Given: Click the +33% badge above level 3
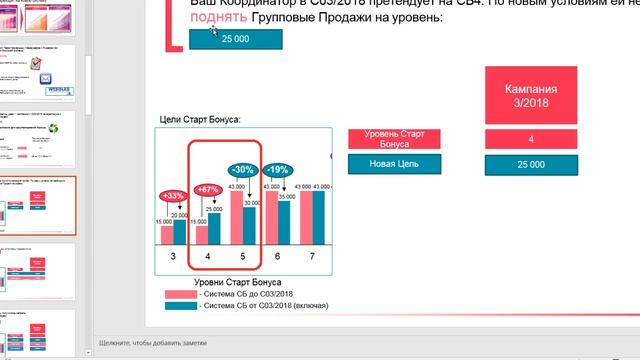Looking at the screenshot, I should (172, 195).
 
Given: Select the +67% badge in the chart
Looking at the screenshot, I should (208, 189).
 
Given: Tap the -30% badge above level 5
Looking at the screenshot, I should (242, 170).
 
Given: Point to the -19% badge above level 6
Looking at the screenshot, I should (278, 170).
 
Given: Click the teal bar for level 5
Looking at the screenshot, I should (250, 226).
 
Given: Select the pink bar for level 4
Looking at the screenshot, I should (202, 235).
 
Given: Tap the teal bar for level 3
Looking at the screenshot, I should (180, 232).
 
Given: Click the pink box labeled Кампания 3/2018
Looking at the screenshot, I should (531, 96).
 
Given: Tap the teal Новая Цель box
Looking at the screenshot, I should (394, 164).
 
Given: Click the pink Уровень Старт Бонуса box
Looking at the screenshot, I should (394, 139).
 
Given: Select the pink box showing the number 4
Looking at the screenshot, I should (531, 139).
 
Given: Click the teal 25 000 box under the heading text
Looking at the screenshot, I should (235, 39).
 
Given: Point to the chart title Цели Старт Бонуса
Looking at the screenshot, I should (200, 120).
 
